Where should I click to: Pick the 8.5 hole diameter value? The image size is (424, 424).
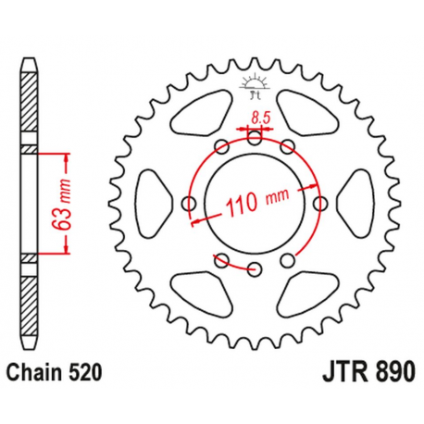coord(261,118)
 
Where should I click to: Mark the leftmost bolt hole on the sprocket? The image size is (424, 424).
coord(190,204)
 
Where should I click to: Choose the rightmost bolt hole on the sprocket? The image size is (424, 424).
coord(321,204)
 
